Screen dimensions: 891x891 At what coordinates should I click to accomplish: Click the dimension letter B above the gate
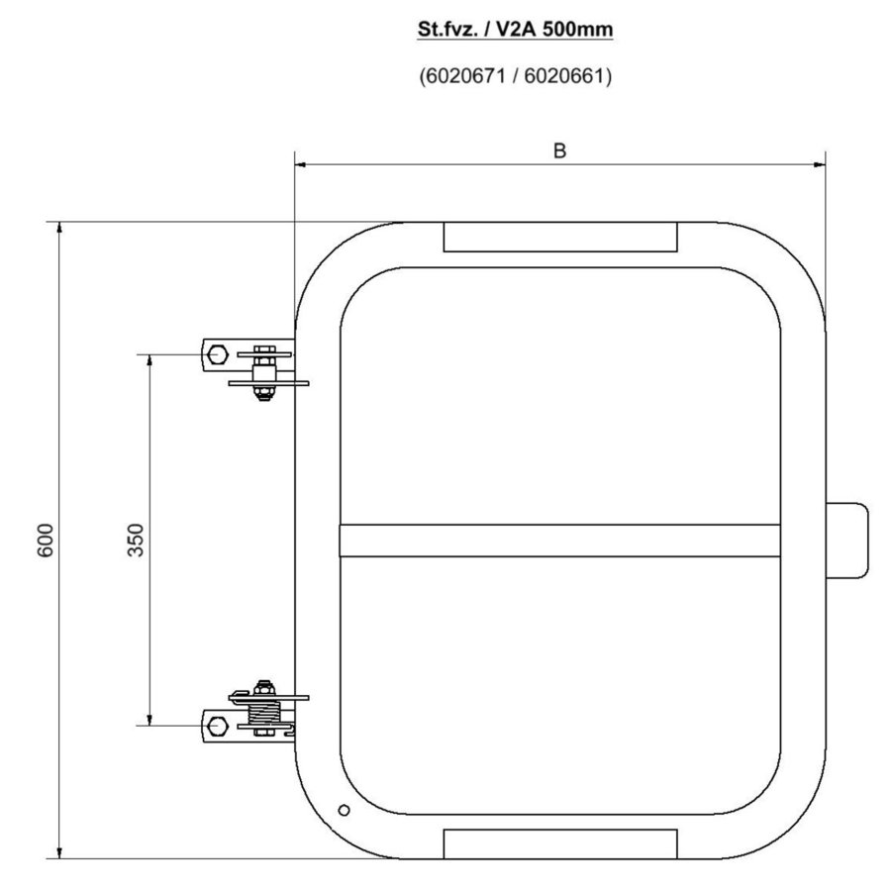[559, 150]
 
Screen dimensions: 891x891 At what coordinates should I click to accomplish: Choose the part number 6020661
[561, 76]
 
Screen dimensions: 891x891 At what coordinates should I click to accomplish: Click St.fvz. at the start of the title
[445, 30]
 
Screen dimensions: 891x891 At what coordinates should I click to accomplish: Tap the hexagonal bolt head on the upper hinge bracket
[218, 352]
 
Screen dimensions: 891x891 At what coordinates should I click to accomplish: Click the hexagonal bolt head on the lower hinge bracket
[218, 726]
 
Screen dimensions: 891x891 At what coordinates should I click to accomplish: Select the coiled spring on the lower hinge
[265, 712]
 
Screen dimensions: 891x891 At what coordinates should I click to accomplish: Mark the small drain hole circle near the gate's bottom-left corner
[344, 810]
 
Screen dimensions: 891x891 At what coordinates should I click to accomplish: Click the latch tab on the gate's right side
[849, 541]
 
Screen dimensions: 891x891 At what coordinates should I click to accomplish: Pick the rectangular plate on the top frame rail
[560, 237]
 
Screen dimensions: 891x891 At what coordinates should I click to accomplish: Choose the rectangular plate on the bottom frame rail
[560, 843]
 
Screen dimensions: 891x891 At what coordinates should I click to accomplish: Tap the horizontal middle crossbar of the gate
[560, 541]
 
